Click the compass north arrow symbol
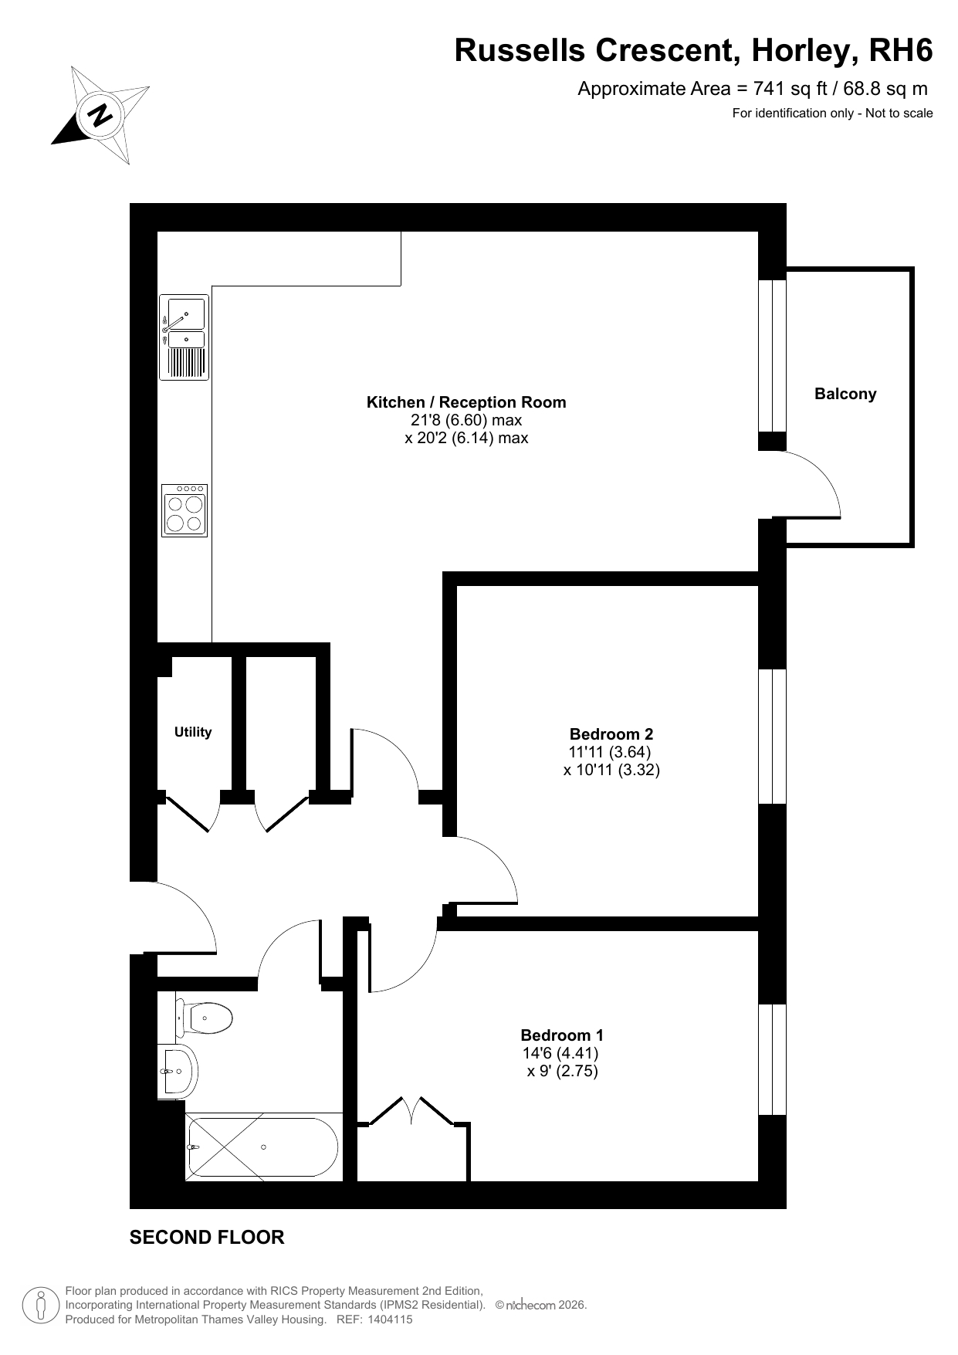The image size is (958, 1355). (100, 115)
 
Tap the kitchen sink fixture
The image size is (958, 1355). (184, 338)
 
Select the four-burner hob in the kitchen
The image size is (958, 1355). (184, 510)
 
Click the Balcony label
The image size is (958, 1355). (845, 394)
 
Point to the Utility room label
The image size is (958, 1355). (193, 732)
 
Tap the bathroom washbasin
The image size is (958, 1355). (178, 1072)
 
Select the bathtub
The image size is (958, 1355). (262, 1147)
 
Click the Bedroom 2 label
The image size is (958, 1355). (611, 734)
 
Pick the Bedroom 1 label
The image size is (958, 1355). (562, 1035)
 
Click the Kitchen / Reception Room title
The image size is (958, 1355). (466, 402)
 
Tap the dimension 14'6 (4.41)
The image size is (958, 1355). (560, 1053)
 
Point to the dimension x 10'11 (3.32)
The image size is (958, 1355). (611, 770)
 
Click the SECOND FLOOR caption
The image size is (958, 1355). (207, 1238)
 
